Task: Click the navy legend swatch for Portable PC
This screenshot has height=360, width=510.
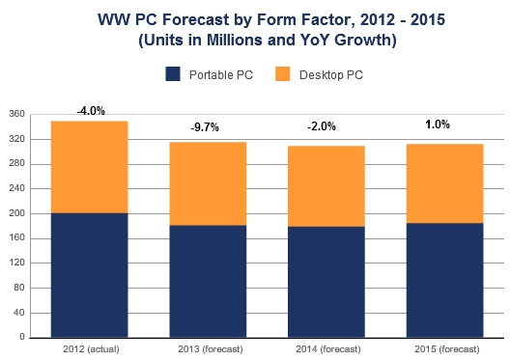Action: point(174,73)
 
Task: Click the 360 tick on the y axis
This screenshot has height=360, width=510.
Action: point(16,114)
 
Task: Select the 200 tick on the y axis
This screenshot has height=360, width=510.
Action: point(16,213)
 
